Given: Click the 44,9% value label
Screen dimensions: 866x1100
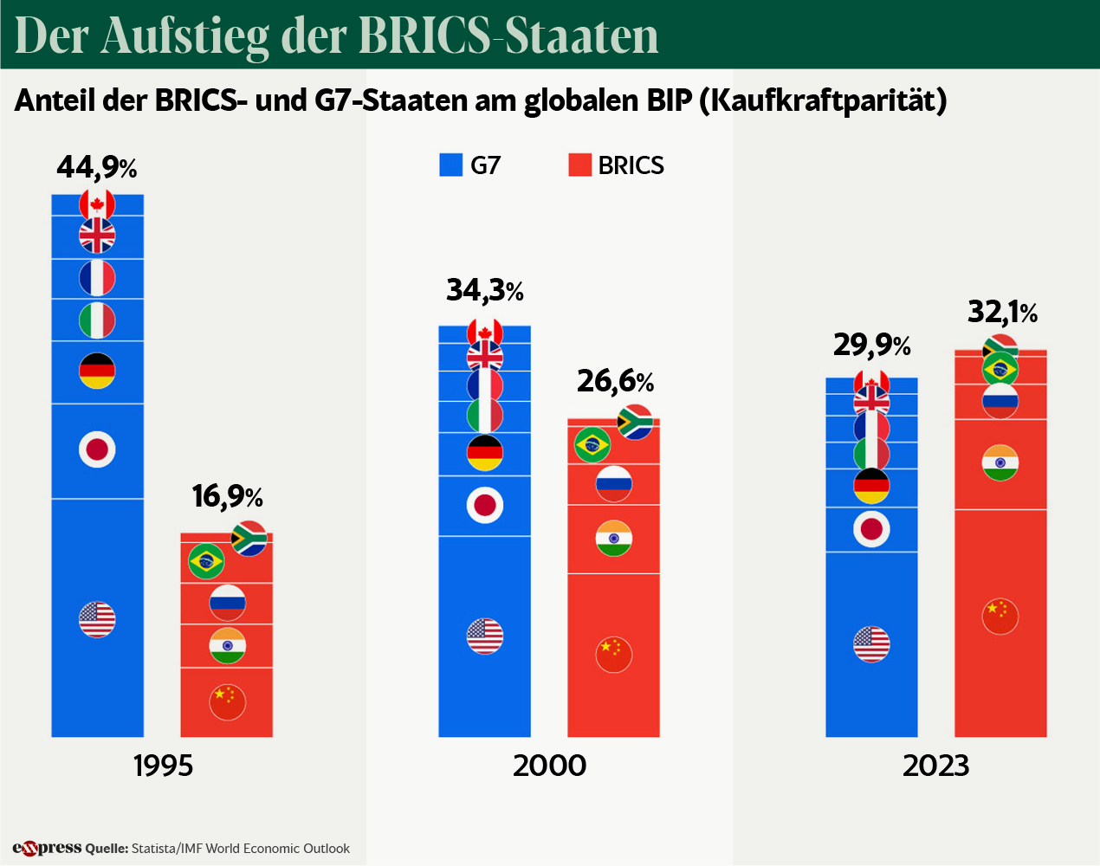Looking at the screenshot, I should point(97,166).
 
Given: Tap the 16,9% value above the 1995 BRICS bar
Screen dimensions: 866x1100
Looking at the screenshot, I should point(227,496).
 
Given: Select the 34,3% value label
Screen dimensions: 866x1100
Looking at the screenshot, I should point(485,290).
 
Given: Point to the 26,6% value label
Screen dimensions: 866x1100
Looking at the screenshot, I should point(615,380).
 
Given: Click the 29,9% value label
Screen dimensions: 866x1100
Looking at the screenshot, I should point(871,346).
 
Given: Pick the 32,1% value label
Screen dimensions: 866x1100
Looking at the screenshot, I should point(1002,312).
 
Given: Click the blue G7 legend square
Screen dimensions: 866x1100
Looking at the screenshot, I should point(451,165).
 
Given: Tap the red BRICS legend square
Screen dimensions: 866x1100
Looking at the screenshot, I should point(579,165).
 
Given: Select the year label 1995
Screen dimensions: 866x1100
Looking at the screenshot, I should point(163,766).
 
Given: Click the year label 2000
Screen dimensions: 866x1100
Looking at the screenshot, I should point(549,766).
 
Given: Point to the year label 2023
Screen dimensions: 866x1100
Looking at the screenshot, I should point(935,766).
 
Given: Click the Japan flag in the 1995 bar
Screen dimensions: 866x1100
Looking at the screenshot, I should point(97,449).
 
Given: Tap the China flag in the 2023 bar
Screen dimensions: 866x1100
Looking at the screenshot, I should point(1000,617).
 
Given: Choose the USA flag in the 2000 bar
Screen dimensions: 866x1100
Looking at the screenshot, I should point(485,637).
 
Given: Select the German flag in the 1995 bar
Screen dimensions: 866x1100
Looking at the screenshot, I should point(97,371).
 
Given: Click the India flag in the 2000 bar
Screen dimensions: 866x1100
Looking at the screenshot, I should point(614,538).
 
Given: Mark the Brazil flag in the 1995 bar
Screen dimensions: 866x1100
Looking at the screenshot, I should point(206,562).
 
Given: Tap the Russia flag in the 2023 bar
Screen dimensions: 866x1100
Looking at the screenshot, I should point(1000,400).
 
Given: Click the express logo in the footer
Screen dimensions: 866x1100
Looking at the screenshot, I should point(47,848).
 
